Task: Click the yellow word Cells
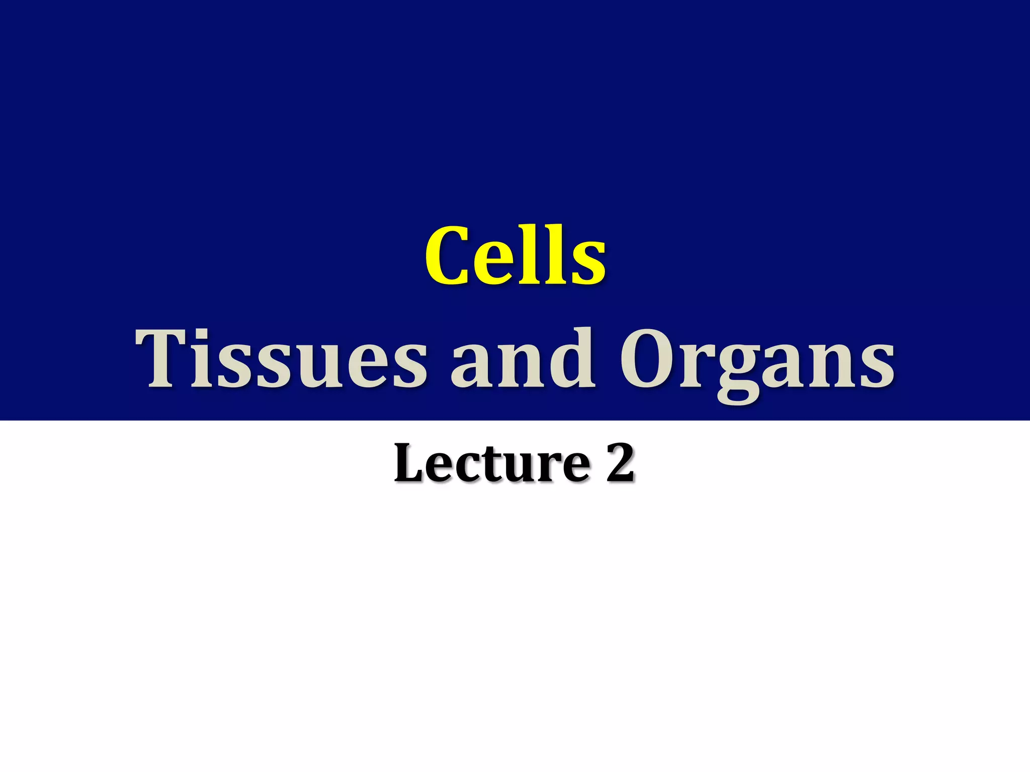[515, 256]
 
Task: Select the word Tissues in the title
[282, 359]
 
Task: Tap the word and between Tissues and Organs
[523, 359]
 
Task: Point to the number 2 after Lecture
[620, 462]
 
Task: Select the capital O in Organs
[649, 359]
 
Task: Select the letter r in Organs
[696, 367]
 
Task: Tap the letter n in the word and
[523, 367]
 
